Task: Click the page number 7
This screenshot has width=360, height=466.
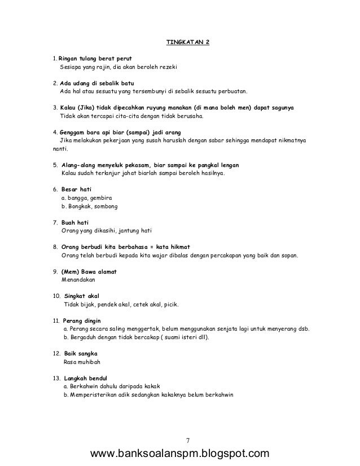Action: point(188,439)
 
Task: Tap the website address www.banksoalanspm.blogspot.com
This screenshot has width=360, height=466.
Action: point(184,454)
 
